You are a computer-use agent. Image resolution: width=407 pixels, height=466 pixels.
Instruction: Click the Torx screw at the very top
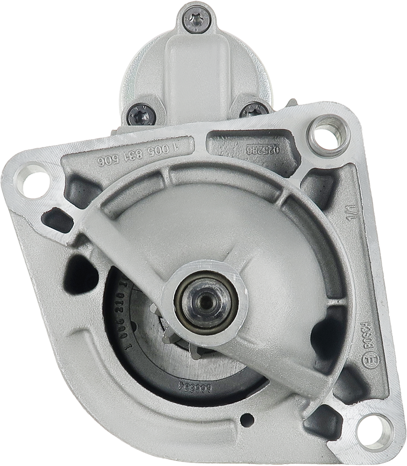tap(196, 19)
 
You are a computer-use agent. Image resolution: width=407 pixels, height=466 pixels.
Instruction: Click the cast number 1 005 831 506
tap(141, 154)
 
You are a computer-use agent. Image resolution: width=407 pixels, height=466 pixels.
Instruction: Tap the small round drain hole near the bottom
tap(247, 420)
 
